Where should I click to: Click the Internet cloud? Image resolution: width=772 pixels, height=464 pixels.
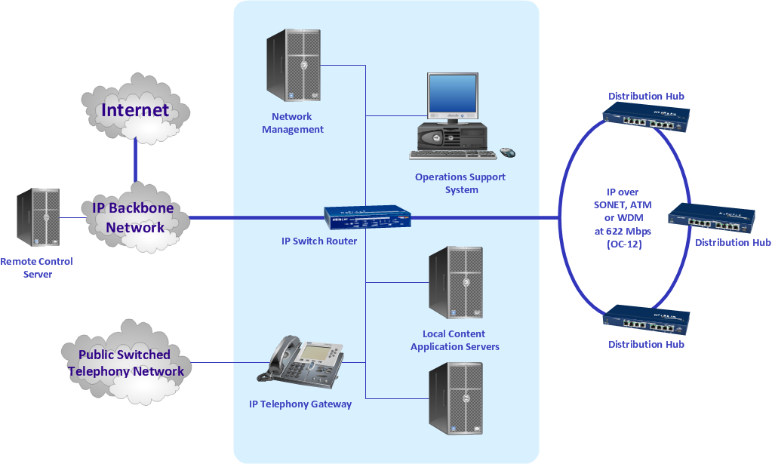pyautogui.click(x=135, y=110)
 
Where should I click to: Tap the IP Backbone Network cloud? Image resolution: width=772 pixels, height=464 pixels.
pyautogui.click(x=134, y=217)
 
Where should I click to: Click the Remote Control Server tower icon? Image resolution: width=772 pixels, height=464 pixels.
pyautogui.click(x=38, y=218)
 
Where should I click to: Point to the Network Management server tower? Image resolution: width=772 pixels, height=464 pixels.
pyautogui.click(x=293, y=66)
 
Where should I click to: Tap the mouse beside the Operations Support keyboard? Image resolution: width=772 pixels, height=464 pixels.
pyautogui.click(x=508, y=152)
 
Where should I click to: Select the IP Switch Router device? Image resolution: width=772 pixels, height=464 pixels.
pyautogui.click(x=368, y=217)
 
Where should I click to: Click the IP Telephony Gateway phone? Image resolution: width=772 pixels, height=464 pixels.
pyautogui.click(x=301, y=361)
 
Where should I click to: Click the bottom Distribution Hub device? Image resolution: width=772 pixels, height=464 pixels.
pyautogui.click(x=646, y=321)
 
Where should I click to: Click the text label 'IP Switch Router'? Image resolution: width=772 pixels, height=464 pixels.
pyautogui.click(x=319, y=241)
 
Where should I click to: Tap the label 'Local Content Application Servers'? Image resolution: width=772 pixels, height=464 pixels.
pyautogui.click(x=454, y=340)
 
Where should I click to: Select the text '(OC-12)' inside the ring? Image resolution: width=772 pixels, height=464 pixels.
pyautogui.click(x=623, y=244)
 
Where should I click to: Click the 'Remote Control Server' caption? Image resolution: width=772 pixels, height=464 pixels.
pyautogui.click(x=37, y=268)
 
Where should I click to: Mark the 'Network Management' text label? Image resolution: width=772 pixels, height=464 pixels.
pyautogui.click(x=293, y=123)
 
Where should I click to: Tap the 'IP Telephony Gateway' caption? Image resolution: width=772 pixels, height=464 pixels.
pyautogui.click(x=300, y=404)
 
